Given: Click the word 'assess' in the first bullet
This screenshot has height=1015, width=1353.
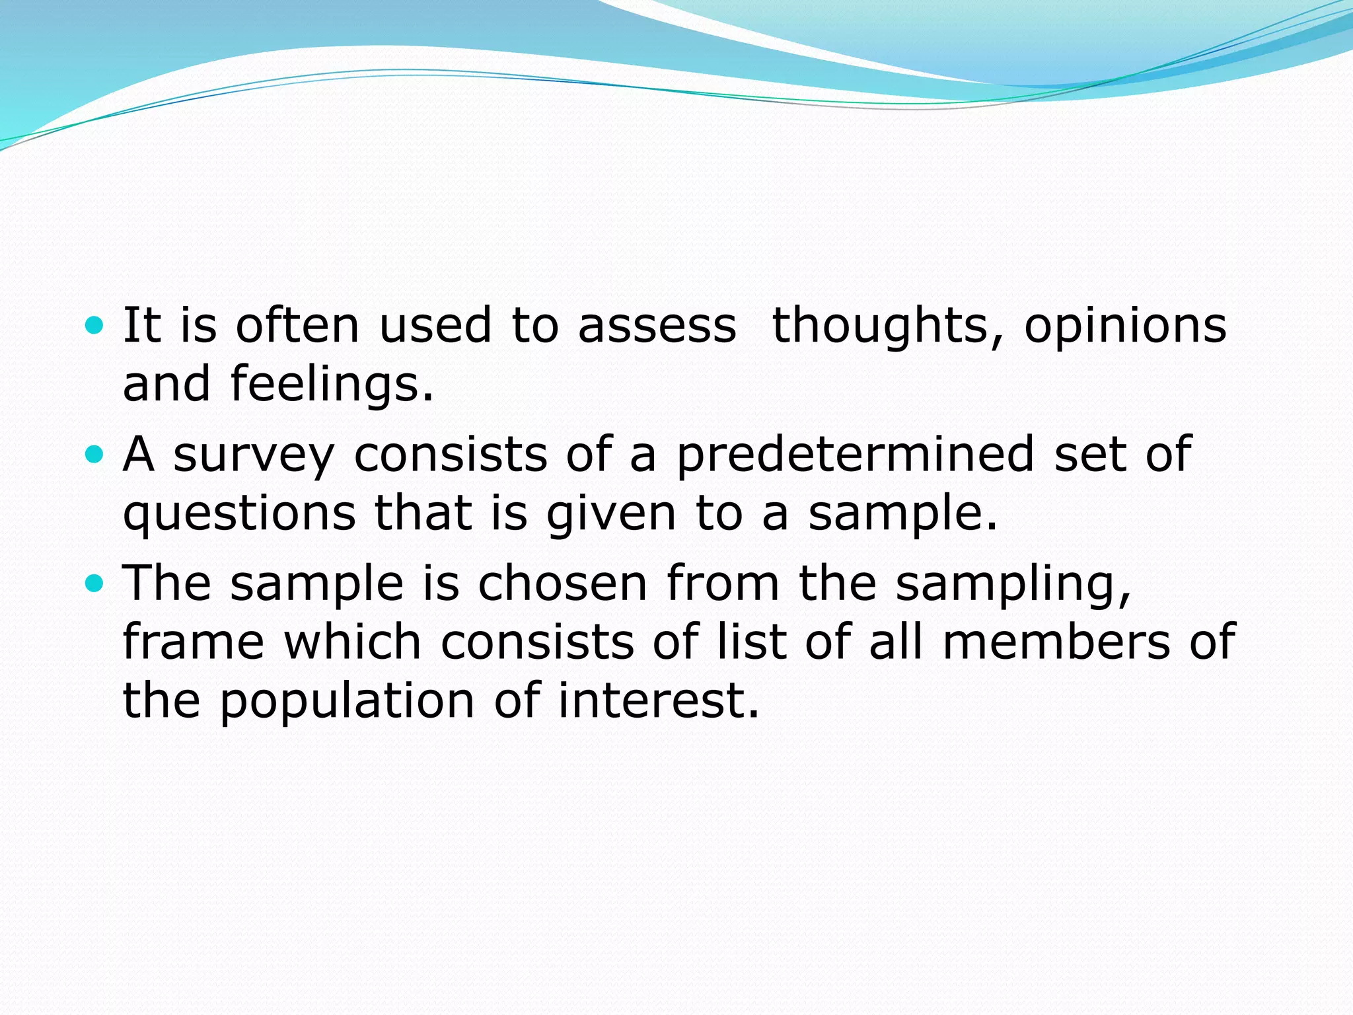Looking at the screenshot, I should click(657, 326).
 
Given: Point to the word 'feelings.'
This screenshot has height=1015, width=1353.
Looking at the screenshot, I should click(332, 385).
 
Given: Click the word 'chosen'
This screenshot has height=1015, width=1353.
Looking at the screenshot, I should click(562, 584).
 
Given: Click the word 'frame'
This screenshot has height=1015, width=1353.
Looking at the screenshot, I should click(194, 642).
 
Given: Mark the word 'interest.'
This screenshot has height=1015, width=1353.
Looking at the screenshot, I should click(659, 700).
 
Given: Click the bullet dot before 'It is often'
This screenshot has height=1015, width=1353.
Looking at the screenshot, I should click(95, 325).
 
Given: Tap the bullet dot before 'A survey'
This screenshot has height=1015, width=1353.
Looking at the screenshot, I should click(95, 454).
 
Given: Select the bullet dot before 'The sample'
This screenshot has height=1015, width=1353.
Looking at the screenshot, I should click(95, 583).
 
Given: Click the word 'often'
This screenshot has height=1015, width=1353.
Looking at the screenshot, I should click(297, 326).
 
